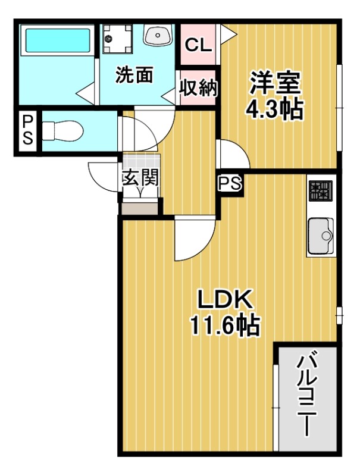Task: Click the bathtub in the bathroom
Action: coord(57,40)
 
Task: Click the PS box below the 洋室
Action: coord(229,184)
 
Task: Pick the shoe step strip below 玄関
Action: coord(140,208)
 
